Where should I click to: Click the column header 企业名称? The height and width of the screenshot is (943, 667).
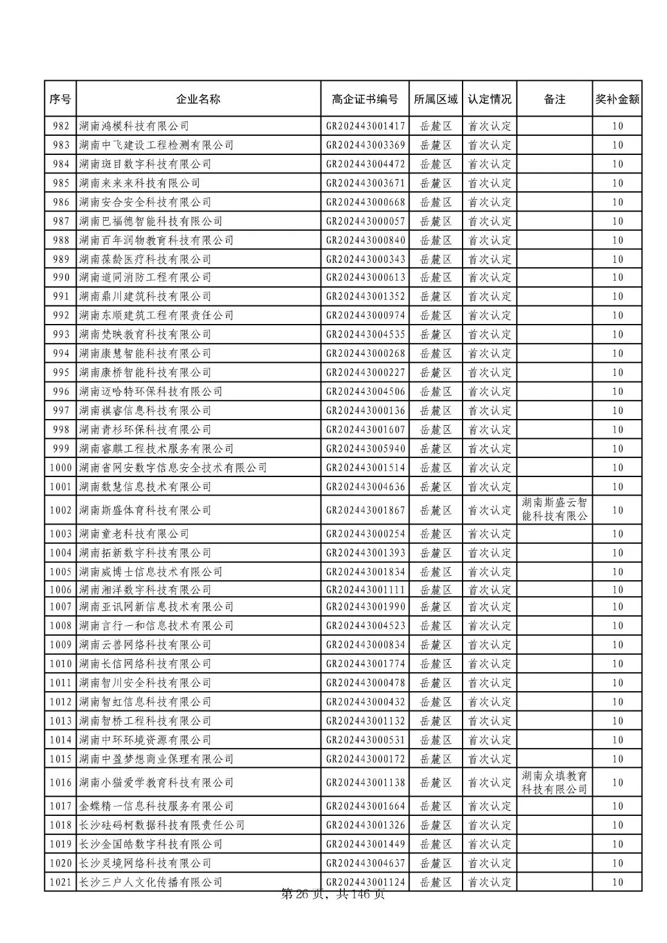coord(198,99)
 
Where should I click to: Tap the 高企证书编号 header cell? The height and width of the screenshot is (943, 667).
coord(365,99)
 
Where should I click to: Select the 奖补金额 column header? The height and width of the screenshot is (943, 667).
coord(617,99)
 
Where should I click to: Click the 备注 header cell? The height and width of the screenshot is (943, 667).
coord(555,99)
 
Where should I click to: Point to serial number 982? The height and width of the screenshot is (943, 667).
coord(61,126)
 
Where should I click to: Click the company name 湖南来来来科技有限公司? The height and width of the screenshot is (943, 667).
coord(140,183)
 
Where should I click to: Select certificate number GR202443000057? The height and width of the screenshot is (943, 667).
coord(366,221)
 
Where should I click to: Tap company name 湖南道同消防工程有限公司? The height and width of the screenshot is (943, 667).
coord(145,277)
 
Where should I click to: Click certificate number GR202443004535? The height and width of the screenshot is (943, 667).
coord(366,334)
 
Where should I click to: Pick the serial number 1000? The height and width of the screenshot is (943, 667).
coord(61,468)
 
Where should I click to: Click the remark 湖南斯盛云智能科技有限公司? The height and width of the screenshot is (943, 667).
coord(555,510)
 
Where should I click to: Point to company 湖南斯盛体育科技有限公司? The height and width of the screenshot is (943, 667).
coord(145,510)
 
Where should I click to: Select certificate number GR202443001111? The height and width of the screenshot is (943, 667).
coord(366,590)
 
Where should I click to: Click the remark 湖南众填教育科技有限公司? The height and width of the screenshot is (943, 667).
coord(555,783)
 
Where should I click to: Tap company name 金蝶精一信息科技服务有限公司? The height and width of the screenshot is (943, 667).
coord(156,806)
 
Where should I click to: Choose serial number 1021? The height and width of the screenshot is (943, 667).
coord(61,883)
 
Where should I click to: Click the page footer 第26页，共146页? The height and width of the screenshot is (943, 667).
coord(333,894)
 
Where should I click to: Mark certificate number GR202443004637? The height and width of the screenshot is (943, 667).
coord(366,863)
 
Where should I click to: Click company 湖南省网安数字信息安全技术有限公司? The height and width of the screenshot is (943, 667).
coord(173,468)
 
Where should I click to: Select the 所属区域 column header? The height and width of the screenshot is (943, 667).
coord(436,99)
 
